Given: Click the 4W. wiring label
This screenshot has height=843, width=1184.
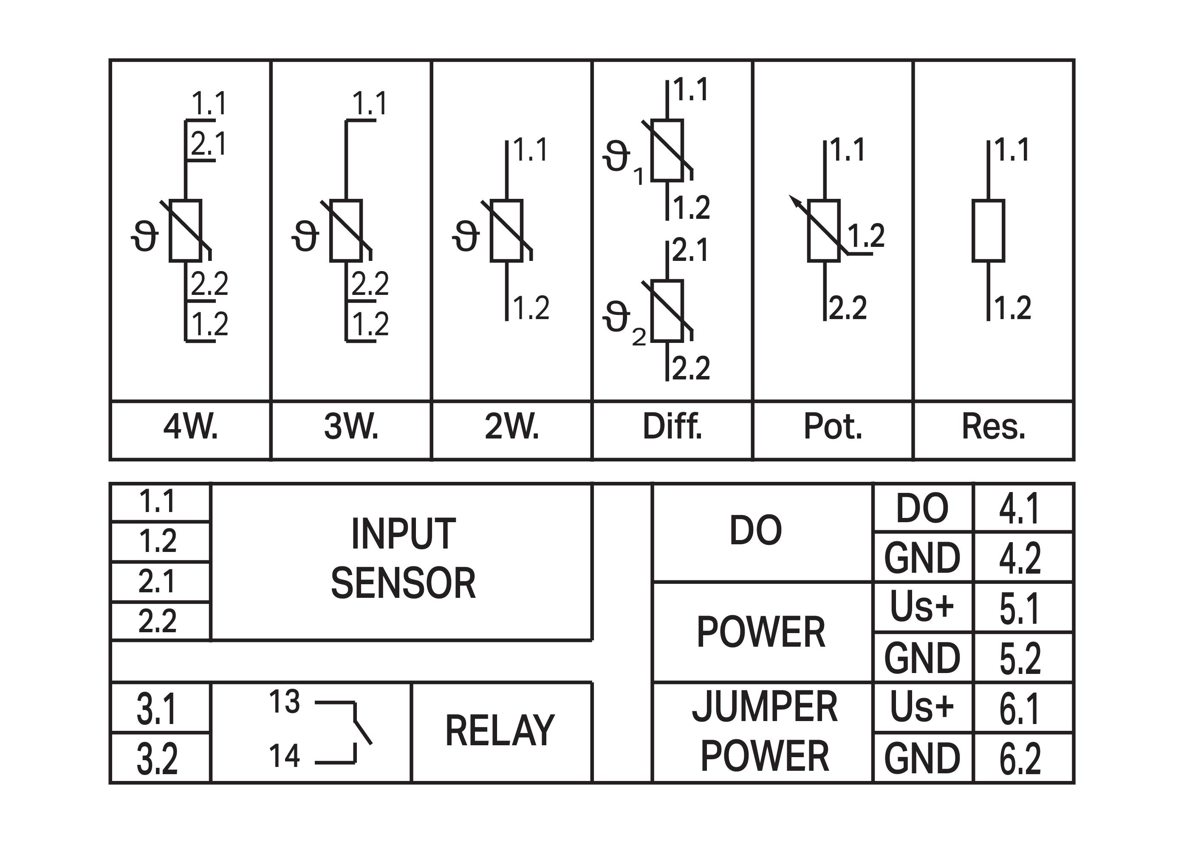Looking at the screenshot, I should (x=190, y=427).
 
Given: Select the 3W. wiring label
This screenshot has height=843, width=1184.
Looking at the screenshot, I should (x=351, y=427).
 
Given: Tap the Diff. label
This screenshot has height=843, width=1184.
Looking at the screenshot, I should (x=672, y=427).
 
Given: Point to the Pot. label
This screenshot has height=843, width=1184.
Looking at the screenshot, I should (x=833, y=427).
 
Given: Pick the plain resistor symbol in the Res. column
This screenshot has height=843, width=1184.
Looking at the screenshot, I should (x=988, y=230).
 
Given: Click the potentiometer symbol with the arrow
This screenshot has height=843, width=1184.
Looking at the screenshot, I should (x=824, y=230).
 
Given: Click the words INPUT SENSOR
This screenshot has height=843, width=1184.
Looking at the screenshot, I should (x=403, y=558).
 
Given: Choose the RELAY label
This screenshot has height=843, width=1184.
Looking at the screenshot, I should (x=500, y=730).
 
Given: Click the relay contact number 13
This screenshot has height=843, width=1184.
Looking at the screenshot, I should (x=285, y=702).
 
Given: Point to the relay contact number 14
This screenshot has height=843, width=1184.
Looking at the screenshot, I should (x=285, y=756).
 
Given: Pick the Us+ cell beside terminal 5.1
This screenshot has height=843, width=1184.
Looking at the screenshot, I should (x=922, y=607).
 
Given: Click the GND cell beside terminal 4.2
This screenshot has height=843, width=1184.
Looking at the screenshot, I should (x=922, y=557).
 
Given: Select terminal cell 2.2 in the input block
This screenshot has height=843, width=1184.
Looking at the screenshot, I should (x=157, y=621).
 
